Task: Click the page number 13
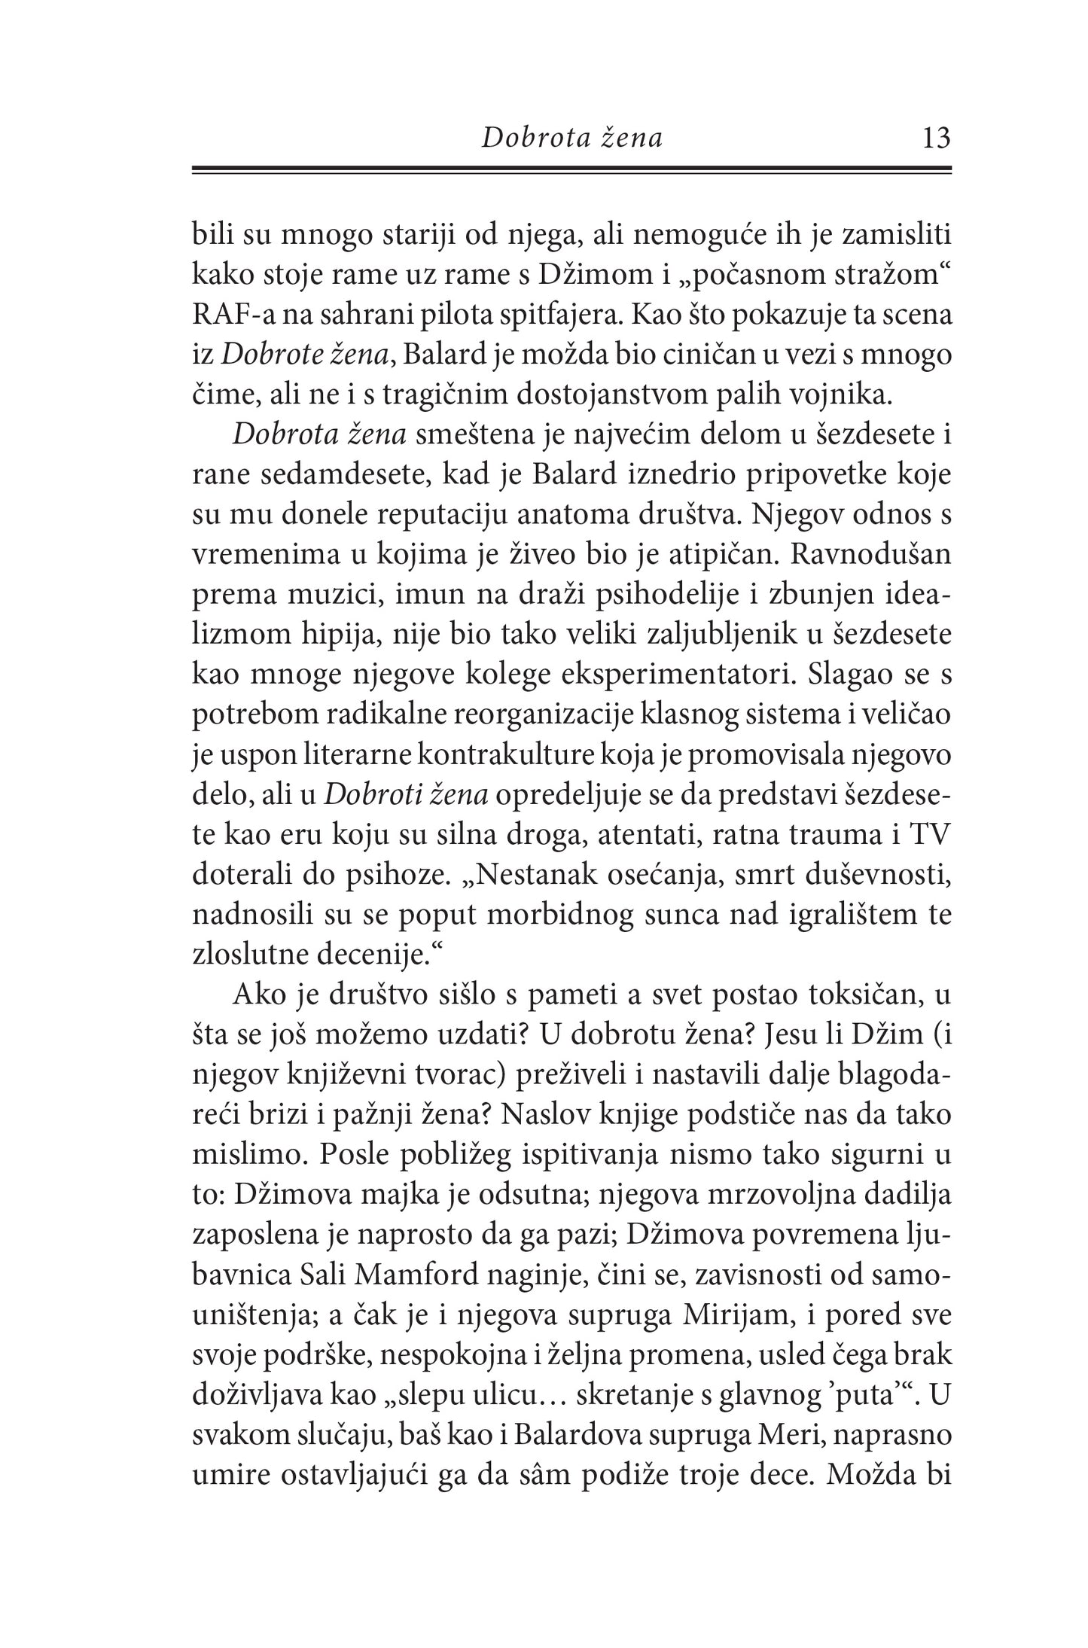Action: pyautogui.click(x=936, y=139)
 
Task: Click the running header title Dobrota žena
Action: pyautogui.click(x=572, y=139)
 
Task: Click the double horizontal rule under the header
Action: pyautogui.click(x=572, y=171)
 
